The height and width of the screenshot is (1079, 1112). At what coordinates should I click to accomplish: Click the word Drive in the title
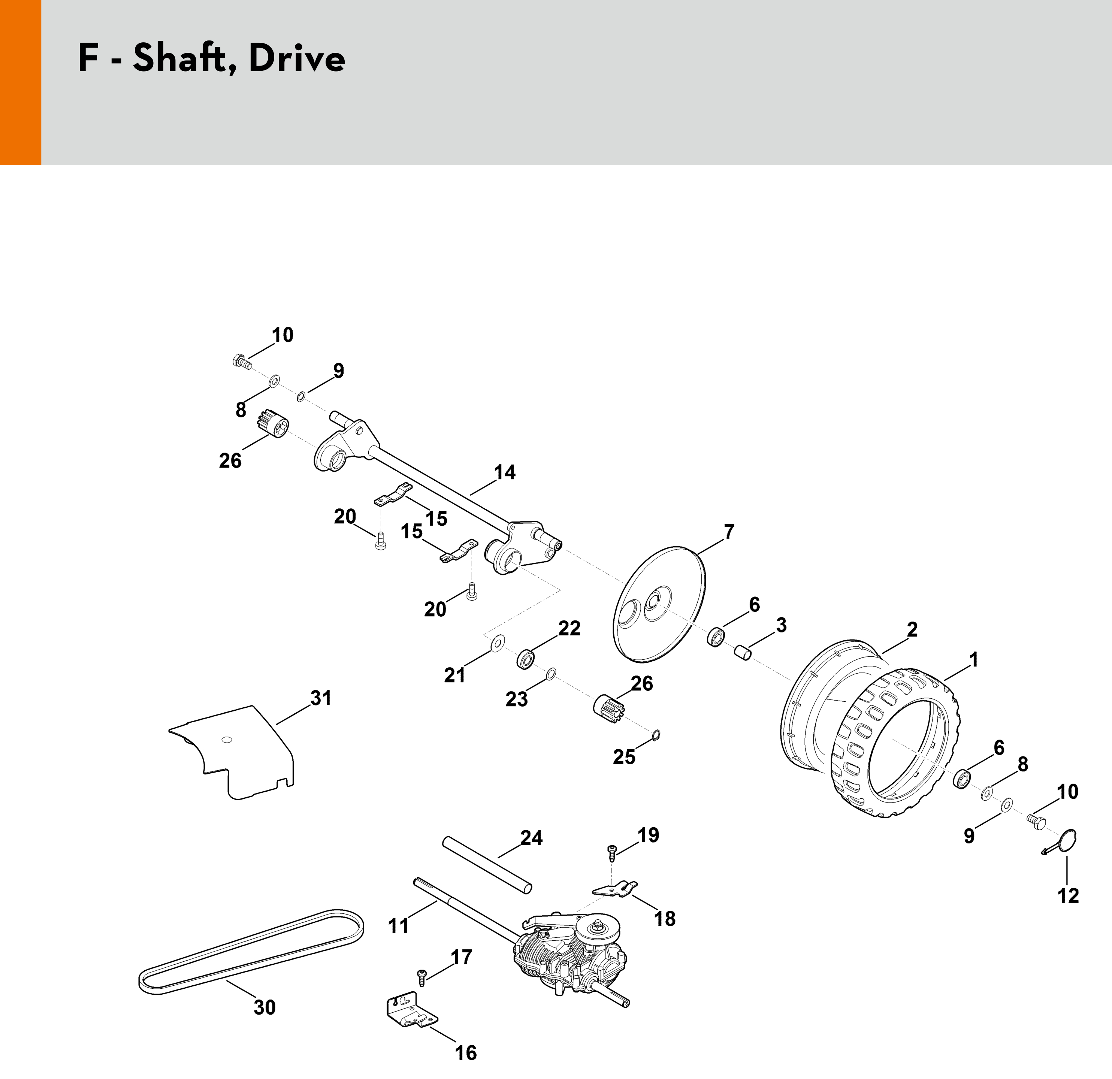click(297, 58)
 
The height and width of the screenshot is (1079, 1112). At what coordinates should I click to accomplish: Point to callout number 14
click(504, 472)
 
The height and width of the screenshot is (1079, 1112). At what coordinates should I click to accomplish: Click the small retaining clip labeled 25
click(656, 735)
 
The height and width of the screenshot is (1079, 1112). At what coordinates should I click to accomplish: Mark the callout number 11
click(398, 926)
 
